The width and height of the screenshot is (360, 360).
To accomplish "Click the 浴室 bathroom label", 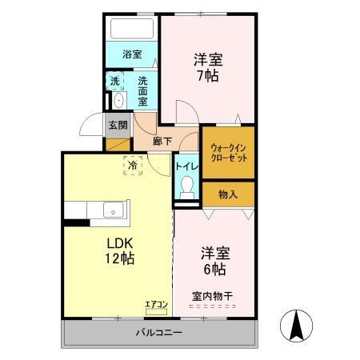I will pos(132,54).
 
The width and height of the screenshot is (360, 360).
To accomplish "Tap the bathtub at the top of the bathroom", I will pos(132,30).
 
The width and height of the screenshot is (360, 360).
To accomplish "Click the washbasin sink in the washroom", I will pos(118,100).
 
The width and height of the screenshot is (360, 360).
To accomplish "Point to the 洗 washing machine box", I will pos(115,81).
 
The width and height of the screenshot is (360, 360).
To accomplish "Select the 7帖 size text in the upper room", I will pos(206,76).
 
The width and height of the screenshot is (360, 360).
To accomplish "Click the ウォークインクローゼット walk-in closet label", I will pos(228,153).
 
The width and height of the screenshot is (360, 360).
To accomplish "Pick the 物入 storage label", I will pos(228,194).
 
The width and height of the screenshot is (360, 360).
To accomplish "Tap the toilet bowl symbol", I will pos(187,189).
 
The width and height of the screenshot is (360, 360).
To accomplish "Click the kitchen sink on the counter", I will pos(113,211).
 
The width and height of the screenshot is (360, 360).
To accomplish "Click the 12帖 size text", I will pos(118,259).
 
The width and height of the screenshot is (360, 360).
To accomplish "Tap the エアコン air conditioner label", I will pos(155,303).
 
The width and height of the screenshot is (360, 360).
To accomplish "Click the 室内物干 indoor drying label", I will pos(211,296).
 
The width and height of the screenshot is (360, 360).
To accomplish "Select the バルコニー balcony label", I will pos(158,332).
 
